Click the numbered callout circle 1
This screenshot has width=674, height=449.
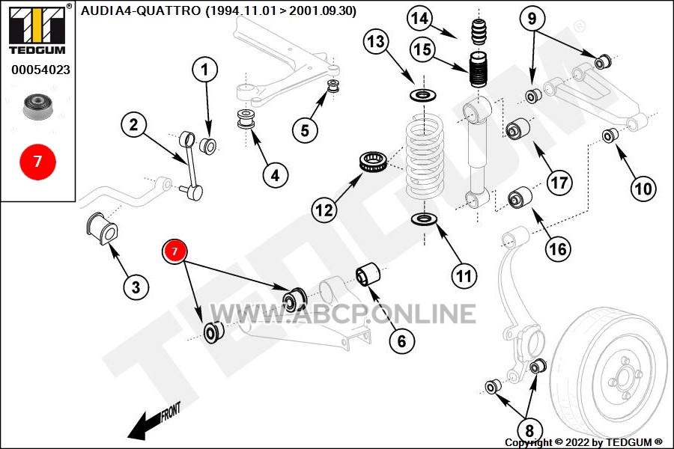pos(205,72)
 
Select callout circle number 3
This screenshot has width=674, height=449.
pos(136,287)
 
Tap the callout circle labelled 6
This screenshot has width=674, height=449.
pos(401,341)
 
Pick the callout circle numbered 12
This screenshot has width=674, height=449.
pos(324,210)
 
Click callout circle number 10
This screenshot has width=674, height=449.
pos(643,189)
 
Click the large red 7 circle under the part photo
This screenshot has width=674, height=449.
pos(37,160)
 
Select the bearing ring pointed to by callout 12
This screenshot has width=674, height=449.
pos(373,163)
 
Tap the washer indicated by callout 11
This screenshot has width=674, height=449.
pos(425,221)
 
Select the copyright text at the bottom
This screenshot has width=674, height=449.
pos(583,442)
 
